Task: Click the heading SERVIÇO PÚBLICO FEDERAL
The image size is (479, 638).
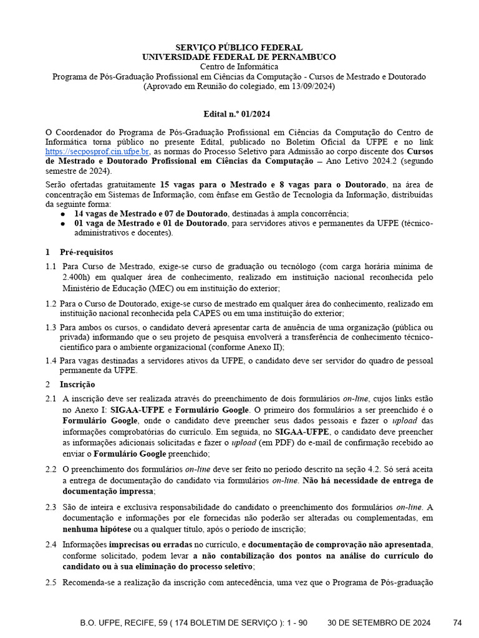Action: click(239, 48)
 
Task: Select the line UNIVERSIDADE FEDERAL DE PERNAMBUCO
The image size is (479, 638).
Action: click(239, 57)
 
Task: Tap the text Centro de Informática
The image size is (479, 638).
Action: click(239, 67)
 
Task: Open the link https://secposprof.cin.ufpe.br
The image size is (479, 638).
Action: click(97, 151)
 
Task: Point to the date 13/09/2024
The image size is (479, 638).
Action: click(314, 87)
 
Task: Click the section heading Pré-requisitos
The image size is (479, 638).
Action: click(87, 252)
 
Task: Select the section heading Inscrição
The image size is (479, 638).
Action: click(77, 384)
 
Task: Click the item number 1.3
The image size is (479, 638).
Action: click(51, 327)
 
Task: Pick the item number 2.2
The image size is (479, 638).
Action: click(51, 469)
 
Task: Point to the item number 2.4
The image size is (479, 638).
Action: click(51, 544)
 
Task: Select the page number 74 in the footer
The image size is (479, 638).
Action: click(458, 622)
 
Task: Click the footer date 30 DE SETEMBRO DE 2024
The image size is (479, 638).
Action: click(379, 622)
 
